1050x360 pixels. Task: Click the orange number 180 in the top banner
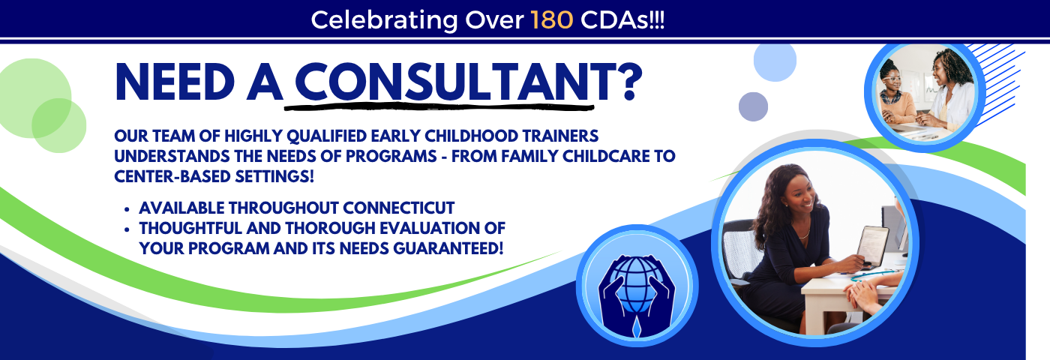click(552, 20)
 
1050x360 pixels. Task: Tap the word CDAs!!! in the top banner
click(622, 20)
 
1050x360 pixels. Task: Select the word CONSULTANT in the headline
click(442, 82)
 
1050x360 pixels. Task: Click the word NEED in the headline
click(174, 82)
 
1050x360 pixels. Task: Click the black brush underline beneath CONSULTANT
click(439, 106)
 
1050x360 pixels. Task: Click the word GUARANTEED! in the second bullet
click(448, 248)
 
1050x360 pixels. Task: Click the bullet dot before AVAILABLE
click(127, 209)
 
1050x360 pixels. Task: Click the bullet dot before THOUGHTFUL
click(127, 229)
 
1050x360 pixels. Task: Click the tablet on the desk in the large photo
click(873, 246)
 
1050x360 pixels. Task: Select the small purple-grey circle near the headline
click(753, 106)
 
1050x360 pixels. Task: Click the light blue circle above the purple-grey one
click(775, 61)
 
